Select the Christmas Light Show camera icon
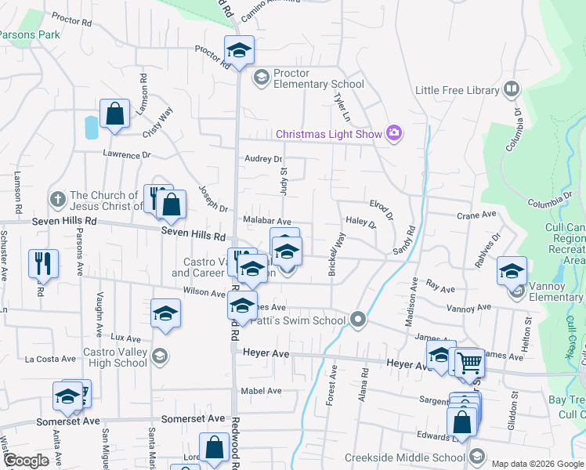pos(393,133)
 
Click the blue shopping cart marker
pos(469,363)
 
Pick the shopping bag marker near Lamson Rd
pos(114,114)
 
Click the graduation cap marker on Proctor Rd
pos(238,51)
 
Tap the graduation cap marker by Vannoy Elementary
pos(512,271)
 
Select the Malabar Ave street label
pos(266,222)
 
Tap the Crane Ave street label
pos(478,214)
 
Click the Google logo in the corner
pos(26,461)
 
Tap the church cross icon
pos(56,201)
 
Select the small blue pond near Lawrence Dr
pos(92,126)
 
